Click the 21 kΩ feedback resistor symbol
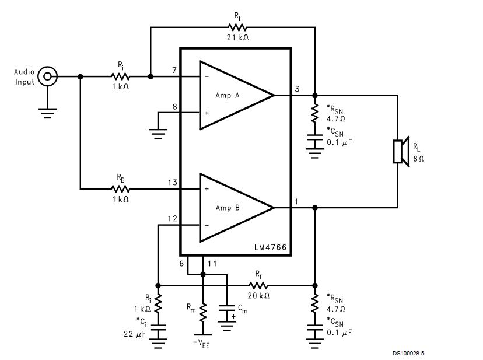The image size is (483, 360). click(x=237, y=27)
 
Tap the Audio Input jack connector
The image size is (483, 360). click(x=47, y=76)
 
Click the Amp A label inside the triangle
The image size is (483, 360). click(x=228, y=95)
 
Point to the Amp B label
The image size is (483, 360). click(x=228, y=208)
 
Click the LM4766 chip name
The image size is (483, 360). click(x=270, y=247)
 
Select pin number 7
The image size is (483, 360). click(x=174, y=70)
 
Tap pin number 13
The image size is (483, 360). click(x=173, y=183)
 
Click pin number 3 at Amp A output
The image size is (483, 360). click(x=297, y=89)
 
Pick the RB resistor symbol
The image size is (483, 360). click(x=120, y=188)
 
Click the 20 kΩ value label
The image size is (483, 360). click(x=258, y=296)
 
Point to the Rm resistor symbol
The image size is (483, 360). click(x=202, y=313)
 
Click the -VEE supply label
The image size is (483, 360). click(x=201, y=344)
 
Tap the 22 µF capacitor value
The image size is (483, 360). click(x=135, y=334)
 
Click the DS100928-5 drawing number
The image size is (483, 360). click(x=408, y=353)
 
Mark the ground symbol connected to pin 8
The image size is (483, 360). click(x=157, y=134)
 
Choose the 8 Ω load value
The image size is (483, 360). click(x=418, y=159)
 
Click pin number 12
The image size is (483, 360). click(x=173, y=219)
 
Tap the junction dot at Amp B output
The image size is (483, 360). click(x=314, y=208)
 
